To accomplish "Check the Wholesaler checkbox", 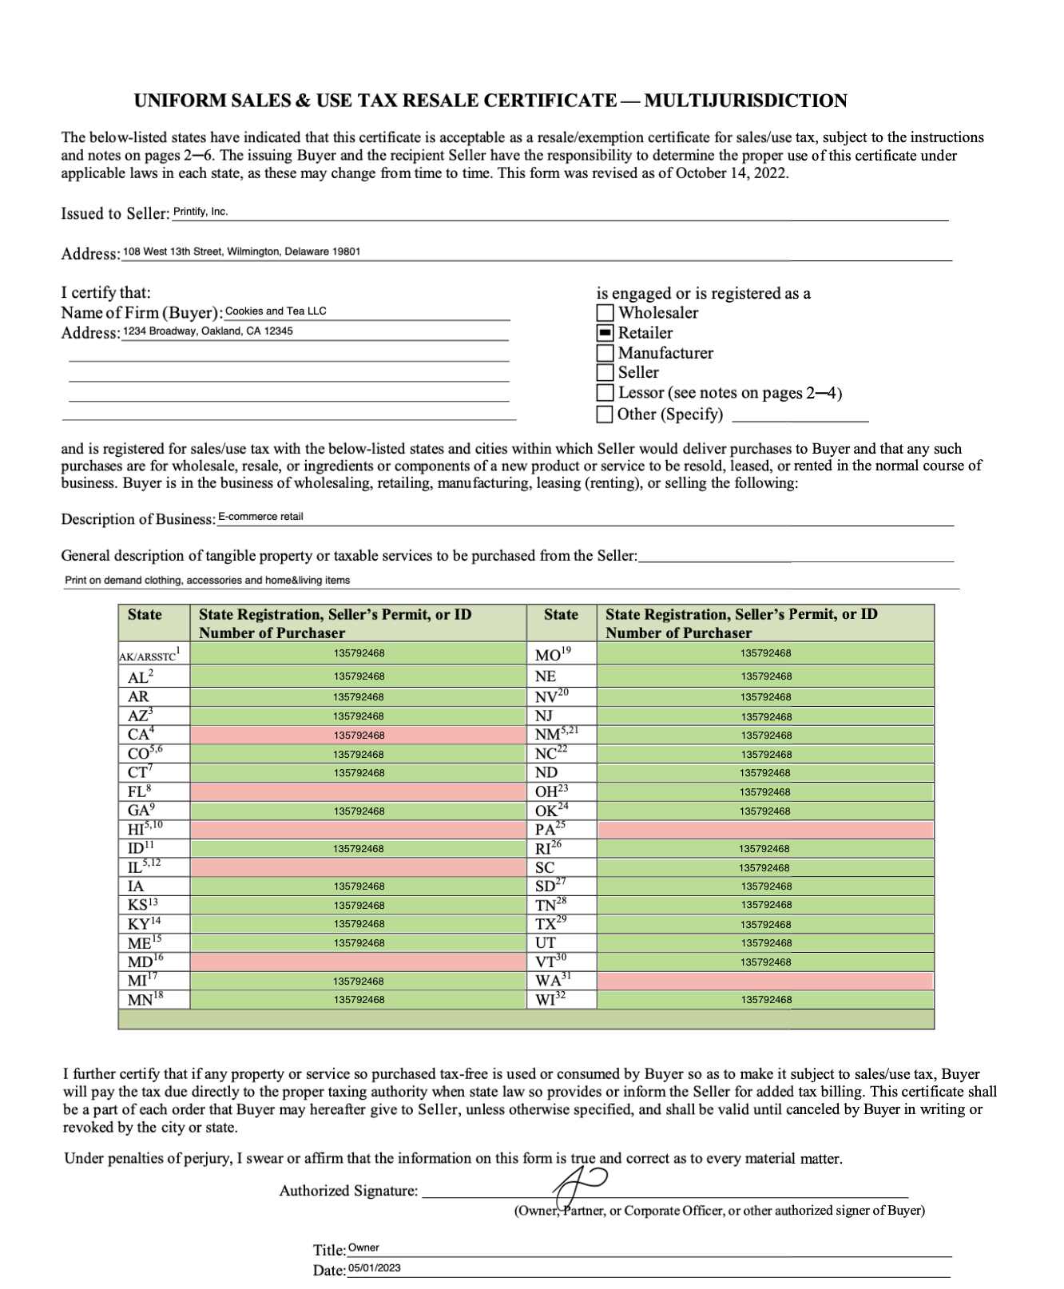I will [x=605, y=313].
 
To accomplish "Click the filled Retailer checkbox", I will [x=605, y=333].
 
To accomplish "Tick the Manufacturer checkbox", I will [x=605, y=353].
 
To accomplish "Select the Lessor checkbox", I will [x=605, y=393].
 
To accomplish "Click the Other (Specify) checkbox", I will [x=605, y=414].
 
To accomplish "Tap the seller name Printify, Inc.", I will [x=200, y=212].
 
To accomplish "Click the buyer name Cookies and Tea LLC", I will [x=276, y=311].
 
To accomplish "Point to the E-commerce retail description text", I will [x=260, y=517].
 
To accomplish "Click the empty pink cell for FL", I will [x=358, y=792].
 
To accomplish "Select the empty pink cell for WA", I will [x=765, y=981].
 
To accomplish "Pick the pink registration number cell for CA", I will [x=358, y=736].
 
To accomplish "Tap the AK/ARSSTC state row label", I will [x=149, y=656].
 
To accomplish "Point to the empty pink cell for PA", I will [x=765, y=830].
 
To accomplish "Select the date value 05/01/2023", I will [x=375, y=1268].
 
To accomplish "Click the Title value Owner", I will [x=363, y=1248].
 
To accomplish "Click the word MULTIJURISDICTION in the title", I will [x=745, y=101].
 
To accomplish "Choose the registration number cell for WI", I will [x=765, y=1000].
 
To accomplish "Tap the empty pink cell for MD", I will [x=358, y=962].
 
